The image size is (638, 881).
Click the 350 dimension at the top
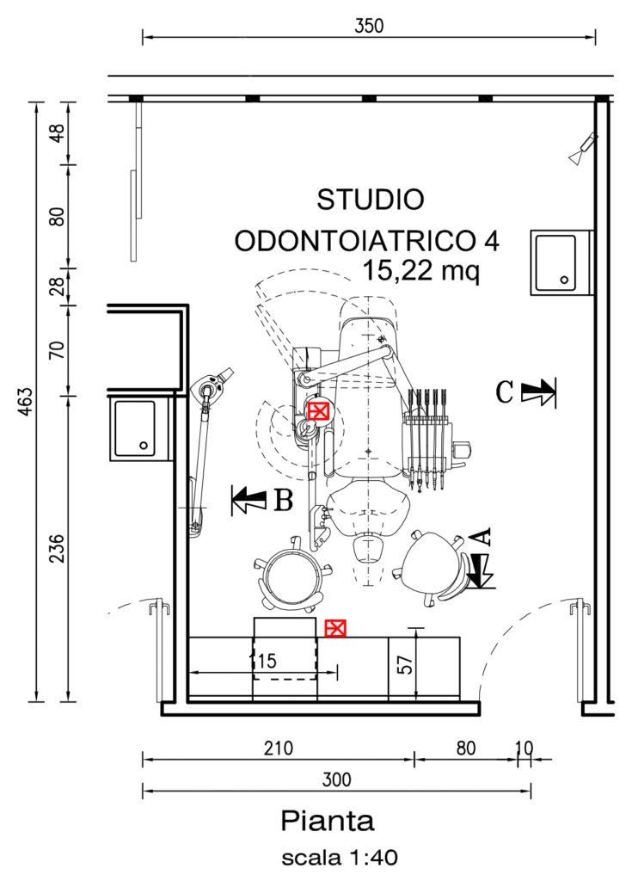pyautogui.click(x=369, y=26)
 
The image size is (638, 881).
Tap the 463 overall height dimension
pyautogui.click(x=26, y=401)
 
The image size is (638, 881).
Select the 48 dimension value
pyautogui.click(x=58, y=133)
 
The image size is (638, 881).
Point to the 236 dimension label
pyautogui.click(x=58, y=548)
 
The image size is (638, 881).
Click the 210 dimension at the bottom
pyautogui.click(x=278, y=749)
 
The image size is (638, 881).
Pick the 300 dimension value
pyautogui.click(x=336, y=779)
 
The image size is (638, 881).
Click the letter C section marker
pyautogui.click(x=505, y=391)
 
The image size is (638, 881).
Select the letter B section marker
pyautogui.click(x=284, y=500)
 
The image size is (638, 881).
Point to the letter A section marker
pyautogui.click(x=482, y=537)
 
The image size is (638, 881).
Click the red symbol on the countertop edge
pyautogui.click(x=335, y=628)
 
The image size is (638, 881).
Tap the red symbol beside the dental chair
pyautogui.click(x=318, y=412)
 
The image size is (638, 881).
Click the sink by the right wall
pyautogui.click(x=561, y=262)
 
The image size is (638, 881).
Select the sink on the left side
pyautogui.click(x=139, y=427)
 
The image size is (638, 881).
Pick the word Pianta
pyautogui.click(x=328, y=821)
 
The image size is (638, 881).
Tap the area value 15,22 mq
pyautogui.click(x=421, y=271)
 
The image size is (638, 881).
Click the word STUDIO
pyautogui.click(x=370, y=200)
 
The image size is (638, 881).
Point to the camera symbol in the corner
pyautogui.click(x=584, y=148)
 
